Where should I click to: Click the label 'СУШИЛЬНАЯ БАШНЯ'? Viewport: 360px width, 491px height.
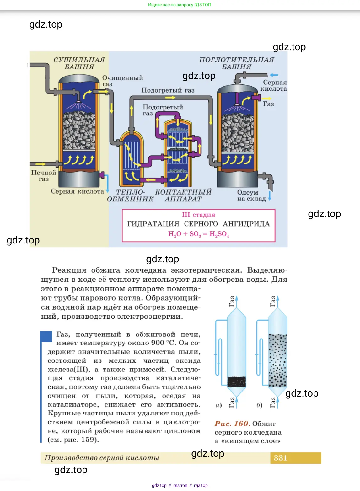tap(79, 63)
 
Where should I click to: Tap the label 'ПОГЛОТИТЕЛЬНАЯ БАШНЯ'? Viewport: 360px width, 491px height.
tap(237, 63)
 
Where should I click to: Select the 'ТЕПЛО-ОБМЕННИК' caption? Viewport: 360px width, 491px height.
tap(130, 195)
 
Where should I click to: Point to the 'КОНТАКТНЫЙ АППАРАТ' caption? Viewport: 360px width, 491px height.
tap(183, 195)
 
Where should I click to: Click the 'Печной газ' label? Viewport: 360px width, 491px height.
tap(44, 176)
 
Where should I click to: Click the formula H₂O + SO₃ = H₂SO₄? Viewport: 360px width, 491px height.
tap(198, 234)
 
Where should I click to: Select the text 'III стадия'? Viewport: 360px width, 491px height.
tap(198, 215)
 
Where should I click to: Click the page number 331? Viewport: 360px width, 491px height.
tap(280, 458)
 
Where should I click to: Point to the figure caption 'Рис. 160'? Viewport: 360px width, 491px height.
tap(232, 424)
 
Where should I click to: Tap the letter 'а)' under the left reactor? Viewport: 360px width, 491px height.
tap(219, 405)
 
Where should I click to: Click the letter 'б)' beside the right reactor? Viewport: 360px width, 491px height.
tap(260, 405)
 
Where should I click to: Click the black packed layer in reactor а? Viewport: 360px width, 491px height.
tap(236, 382)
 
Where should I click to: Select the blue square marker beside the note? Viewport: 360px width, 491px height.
tap(46, 337)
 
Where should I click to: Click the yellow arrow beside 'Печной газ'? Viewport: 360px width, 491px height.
tap(40, 164)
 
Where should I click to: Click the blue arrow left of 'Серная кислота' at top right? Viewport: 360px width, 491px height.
tap(274, 75)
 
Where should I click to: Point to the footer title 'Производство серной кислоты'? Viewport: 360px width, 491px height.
tap(102, 458)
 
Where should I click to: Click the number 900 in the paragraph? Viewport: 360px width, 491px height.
tap(158, 343)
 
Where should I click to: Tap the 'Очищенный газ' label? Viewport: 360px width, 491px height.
tap(122, 81)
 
